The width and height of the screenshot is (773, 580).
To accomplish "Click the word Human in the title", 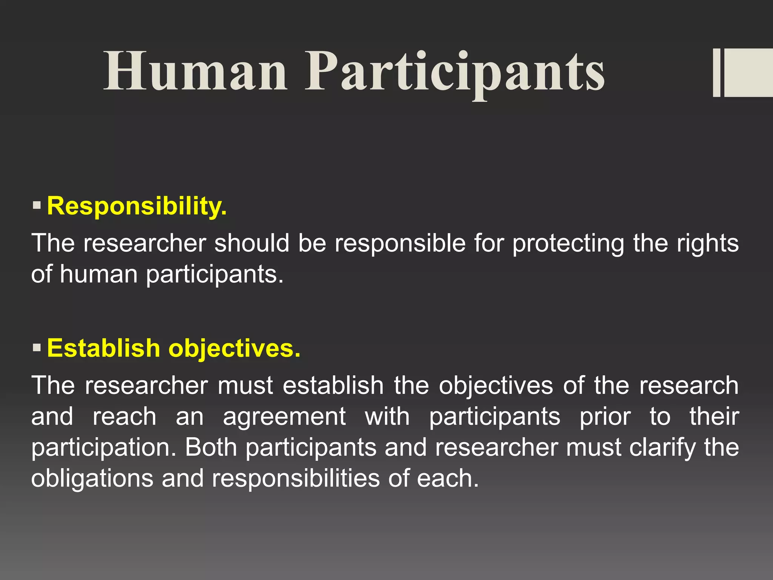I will click(195, 72).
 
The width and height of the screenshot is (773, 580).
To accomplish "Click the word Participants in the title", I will click(454, 72).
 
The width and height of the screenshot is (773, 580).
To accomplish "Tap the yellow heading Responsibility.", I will click(137, 206).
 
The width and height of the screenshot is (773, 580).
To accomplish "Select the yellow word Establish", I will click(103, 348).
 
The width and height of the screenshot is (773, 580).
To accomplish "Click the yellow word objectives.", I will click(234, 348).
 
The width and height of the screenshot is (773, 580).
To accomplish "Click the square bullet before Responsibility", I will click(37, 206).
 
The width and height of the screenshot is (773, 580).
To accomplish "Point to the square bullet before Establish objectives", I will click(37, 347).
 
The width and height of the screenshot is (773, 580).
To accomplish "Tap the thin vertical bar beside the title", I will click(716, 72).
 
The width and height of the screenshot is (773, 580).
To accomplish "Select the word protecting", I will click(568, 244).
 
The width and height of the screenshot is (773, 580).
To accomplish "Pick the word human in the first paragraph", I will click(99, 274).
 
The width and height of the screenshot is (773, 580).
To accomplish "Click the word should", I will click(252, 244).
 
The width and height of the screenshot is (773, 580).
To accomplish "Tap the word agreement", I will click(284, 417).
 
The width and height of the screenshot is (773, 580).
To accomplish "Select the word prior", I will click(605, 417).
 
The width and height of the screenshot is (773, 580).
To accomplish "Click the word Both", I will click(211, 447).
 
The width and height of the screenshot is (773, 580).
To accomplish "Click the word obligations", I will click(92, 478).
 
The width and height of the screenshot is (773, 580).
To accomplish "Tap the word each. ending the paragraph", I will click(448, 478).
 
